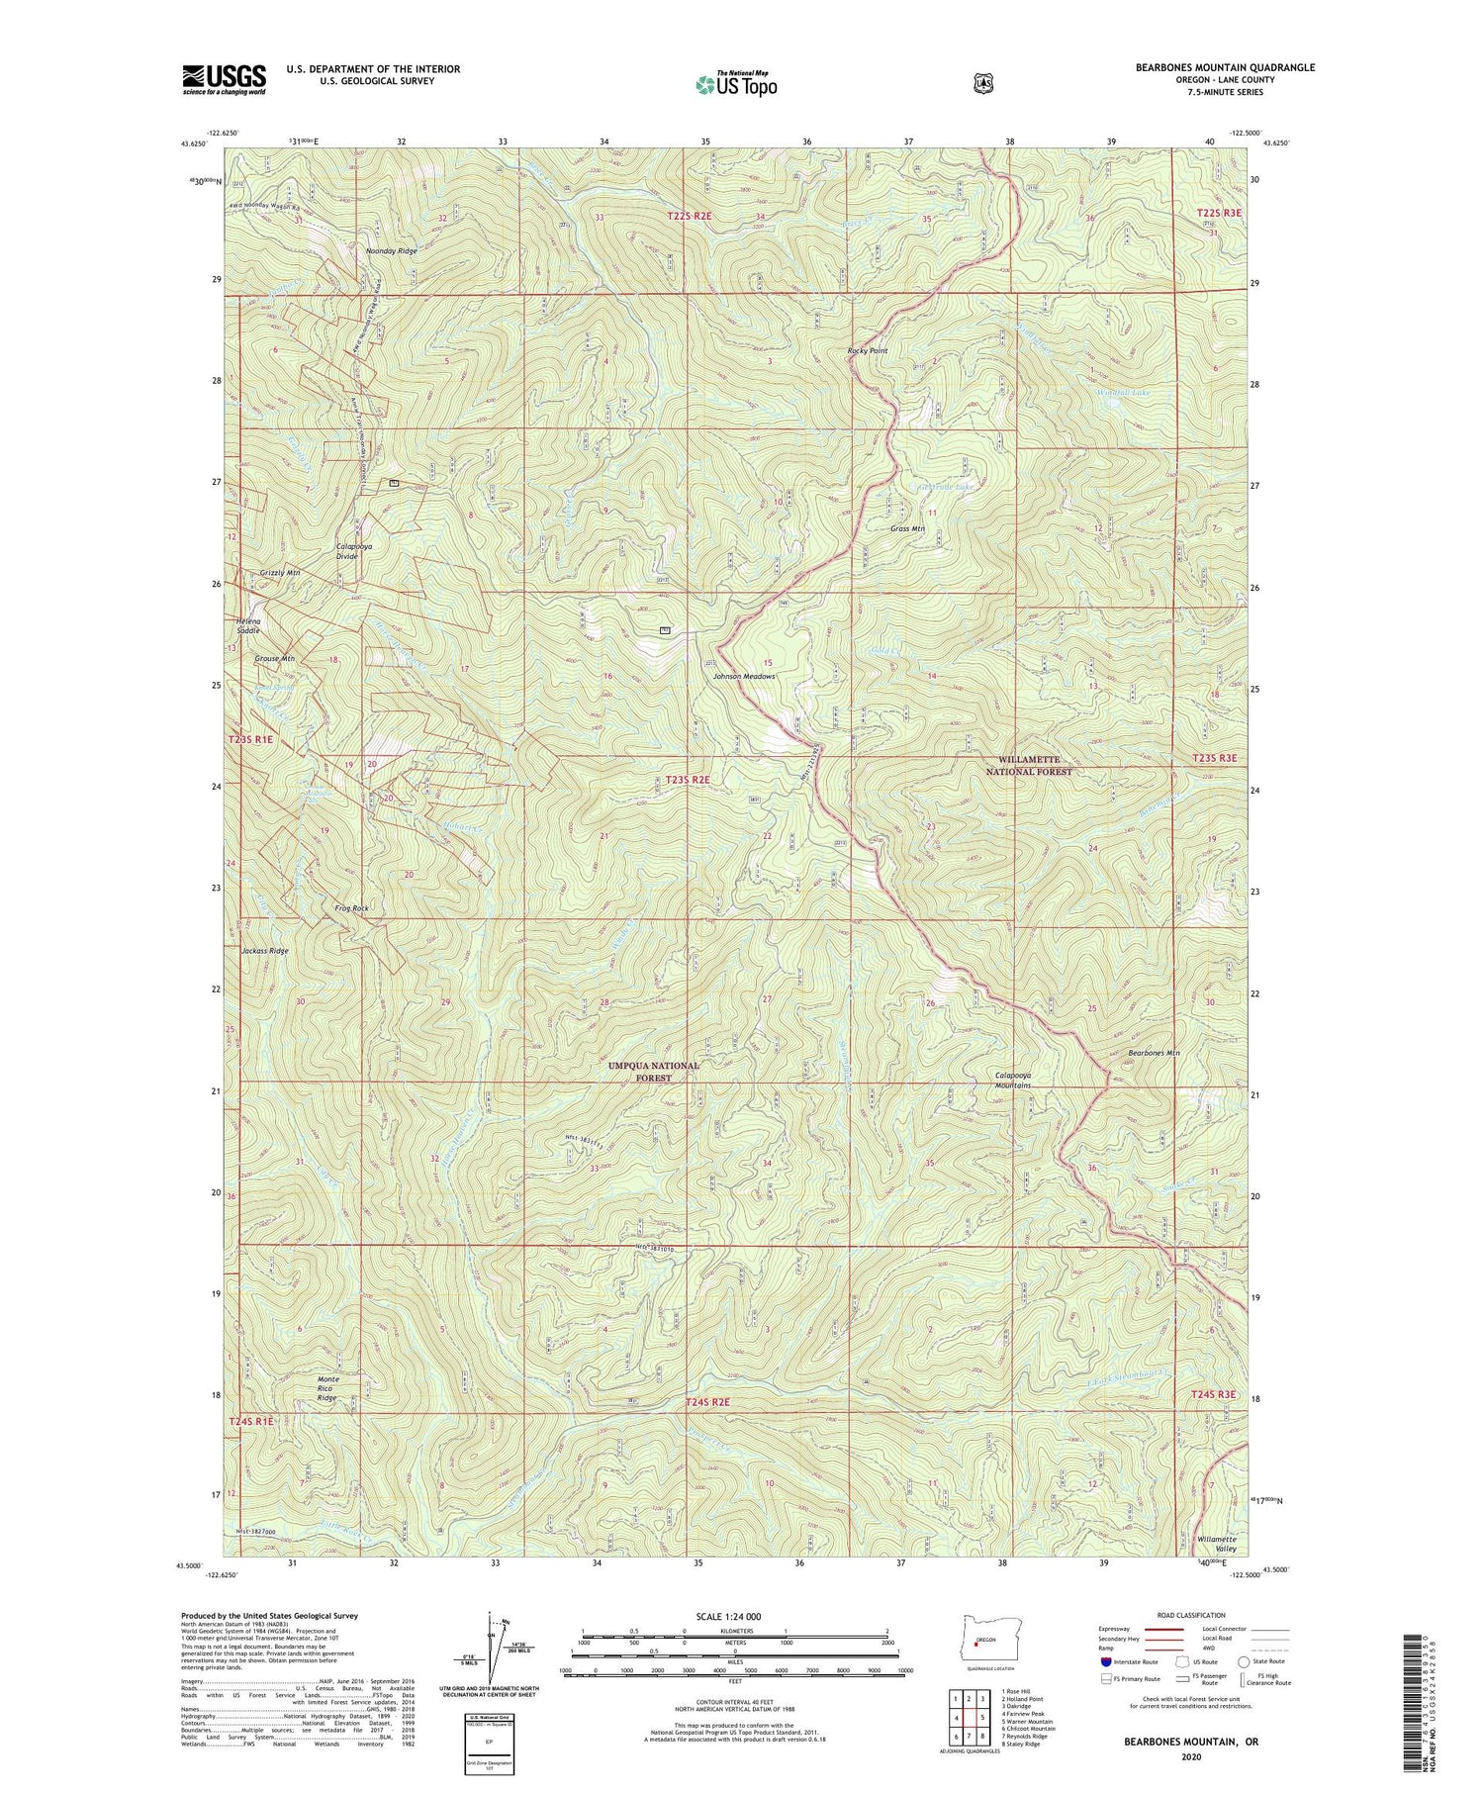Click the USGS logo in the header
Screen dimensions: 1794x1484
pos(224,79)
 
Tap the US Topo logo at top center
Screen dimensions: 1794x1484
pos(737,83)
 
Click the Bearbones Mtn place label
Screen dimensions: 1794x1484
pos(1154,1053)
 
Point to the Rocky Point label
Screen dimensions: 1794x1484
pos(868,351)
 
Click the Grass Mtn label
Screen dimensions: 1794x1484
pos(907,528)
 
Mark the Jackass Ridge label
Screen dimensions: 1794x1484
pos(265,950)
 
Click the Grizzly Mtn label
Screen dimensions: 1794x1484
pos(280,573)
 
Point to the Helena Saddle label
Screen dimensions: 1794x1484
pos(248,625)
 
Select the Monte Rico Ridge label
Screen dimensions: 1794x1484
pos(328,1388)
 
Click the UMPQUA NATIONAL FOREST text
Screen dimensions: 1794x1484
pos(654,1072)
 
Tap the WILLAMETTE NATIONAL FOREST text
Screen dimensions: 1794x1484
pos(1028,765)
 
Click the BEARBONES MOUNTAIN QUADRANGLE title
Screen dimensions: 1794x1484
pos(1225,67)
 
